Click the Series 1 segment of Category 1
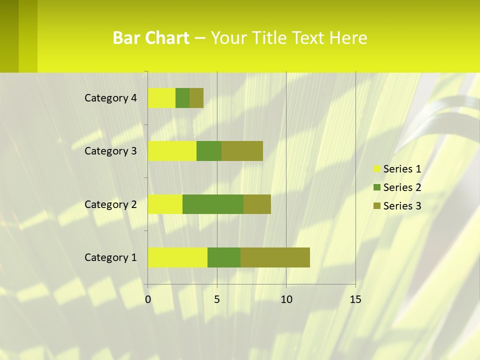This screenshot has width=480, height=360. [177, 257]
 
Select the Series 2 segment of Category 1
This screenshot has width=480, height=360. [224, 257]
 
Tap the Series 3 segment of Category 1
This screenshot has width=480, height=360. [275, 257]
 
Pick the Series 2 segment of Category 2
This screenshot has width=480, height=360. [213, 204]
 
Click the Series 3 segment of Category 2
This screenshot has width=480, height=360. [257, 204]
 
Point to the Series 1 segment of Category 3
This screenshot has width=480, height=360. [172, 151]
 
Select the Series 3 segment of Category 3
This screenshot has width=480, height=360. [242, 151]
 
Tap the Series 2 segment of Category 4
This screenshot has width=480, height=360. [182, 98]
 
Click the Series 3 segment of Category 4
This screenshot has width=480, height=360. [196, 98]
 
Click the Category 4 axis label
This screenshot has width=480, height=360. [110, 98]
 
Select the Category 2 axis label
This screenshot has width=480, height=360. [110, 204]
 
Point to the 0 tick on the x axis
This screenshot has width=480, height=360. [148, 299]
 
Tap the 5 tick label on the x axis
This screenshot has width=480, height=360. [217, 299]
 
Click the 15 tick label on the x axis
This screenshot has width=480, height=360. [355, 299]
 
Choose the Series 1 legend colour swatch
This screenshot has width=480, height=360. [376, 169]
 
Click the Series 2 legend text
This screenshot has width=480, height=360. [402, 187]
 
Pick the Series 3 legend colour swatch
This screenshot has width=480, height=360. [376, 206]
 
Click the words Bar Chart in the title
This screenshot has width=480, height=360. [151, 38]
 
